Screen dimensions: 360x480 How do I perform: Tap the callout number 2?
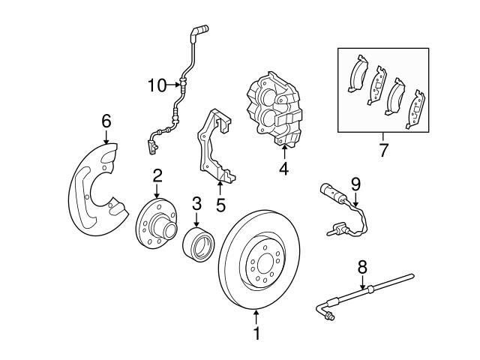[157, 176]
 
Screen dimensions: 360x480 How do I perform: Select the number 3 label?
[196, 203]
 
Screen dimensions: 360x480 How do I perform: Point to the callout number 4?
[283, 169]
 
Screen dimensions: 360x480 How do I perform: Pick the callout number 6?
[106, 121]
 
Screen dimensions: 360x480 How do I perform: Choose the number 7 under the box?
[383, 150]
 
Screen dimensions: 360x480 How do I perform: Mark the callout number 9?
[355, 184]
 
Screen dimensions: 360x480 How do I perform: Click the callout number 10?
[157, 85]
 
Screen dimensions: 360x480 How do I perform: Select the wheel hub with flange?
[155, 224]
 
